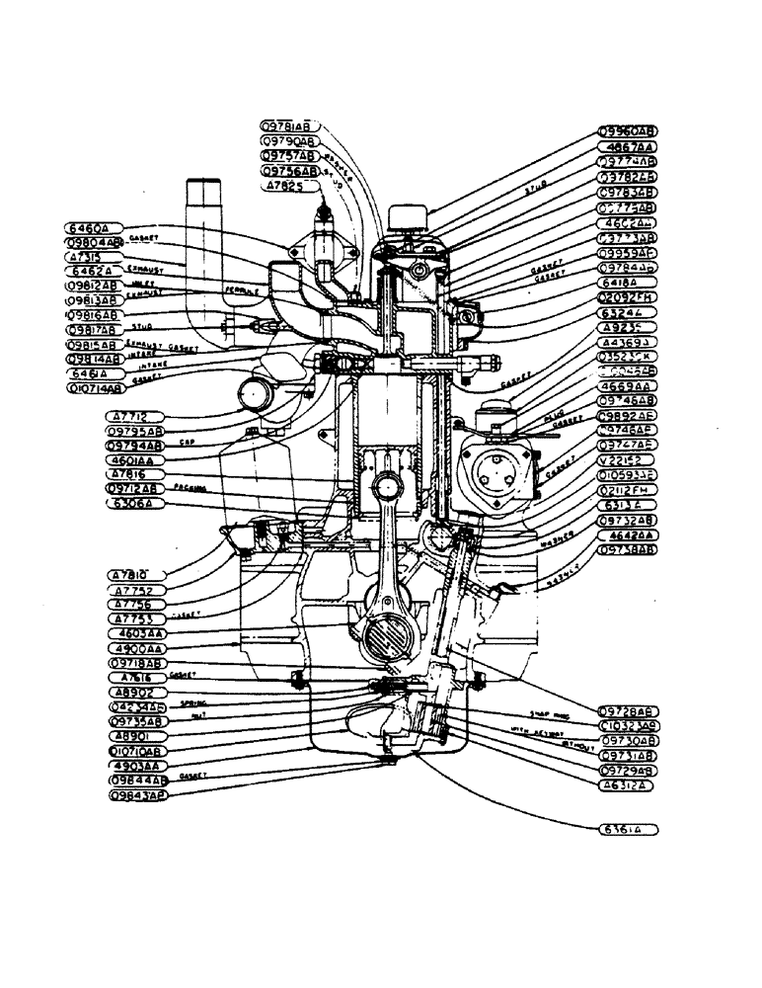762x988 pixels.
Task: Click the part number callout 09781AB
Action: pos(287,126)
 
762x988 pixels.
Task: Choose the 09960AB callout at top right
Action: pos(628,130)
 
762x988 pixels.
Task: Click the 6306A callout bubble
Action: pos(134,503)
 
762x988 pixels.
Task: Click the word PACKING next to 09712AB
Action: pos(188,488)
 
